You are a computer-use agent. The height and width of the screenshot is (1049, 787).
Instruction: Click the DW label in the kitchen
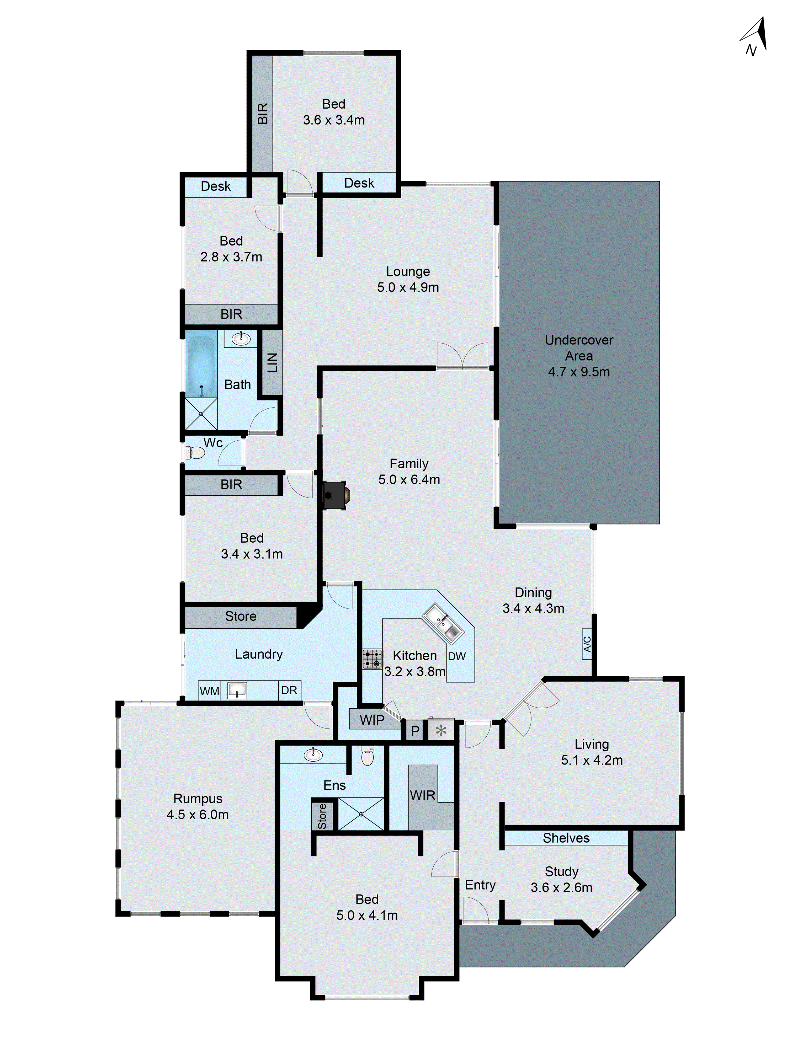[x=456, y=656]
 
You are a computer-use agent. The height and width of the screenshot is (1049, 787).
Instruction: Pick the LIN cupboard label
[x=272, y=362]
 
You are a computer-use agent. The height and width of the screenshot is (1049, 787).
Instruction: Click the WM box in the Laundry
[x=209, y=691]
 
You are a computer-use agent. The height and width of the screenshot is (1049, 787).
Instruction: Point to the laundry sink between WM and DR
[x=237, y=691]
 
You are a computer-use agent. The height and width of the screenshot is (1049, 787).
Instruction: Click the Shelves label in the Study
[x=566, y=838]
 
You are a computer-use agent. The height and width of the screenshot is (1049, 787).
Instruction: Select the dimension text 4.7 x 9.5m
[x=579, y=372]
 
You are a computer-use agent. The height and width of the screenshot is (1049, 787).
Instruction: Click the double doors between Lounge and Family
[x=462, y=356]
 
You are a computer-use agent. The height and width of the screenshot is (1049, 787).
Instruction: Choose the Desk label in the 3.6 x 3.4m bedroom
[x=359, y=183]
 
